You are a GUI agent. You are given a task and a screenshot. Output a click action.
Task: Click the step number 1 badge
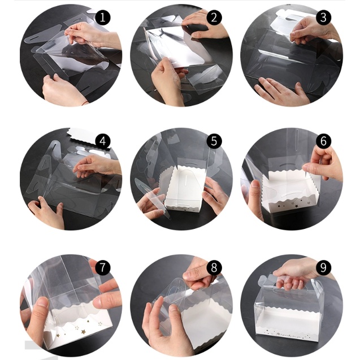102,18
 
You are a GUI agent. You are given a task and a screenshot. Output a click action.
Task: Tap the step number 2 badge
214,18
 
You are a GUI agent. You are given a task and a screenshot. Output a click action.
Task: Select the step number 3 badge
323,18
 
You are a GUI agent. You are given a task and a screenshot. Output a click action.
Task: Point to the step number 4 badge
102,141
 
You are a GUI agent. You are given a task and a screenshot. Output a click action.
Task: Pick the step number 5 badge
214,141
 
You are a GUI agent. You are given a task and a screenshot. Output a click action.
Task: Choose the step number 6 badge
323,141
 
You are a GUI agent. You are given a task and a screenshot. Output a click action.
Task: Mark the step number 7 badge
102,267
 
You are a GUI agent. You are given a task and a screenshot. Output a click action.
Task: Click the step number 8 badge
214,267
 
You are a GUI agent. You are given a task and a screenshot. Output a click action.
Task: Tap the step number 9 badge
323,267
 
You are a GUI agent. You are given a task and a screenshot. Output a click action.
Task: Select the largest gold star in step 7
83,332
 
